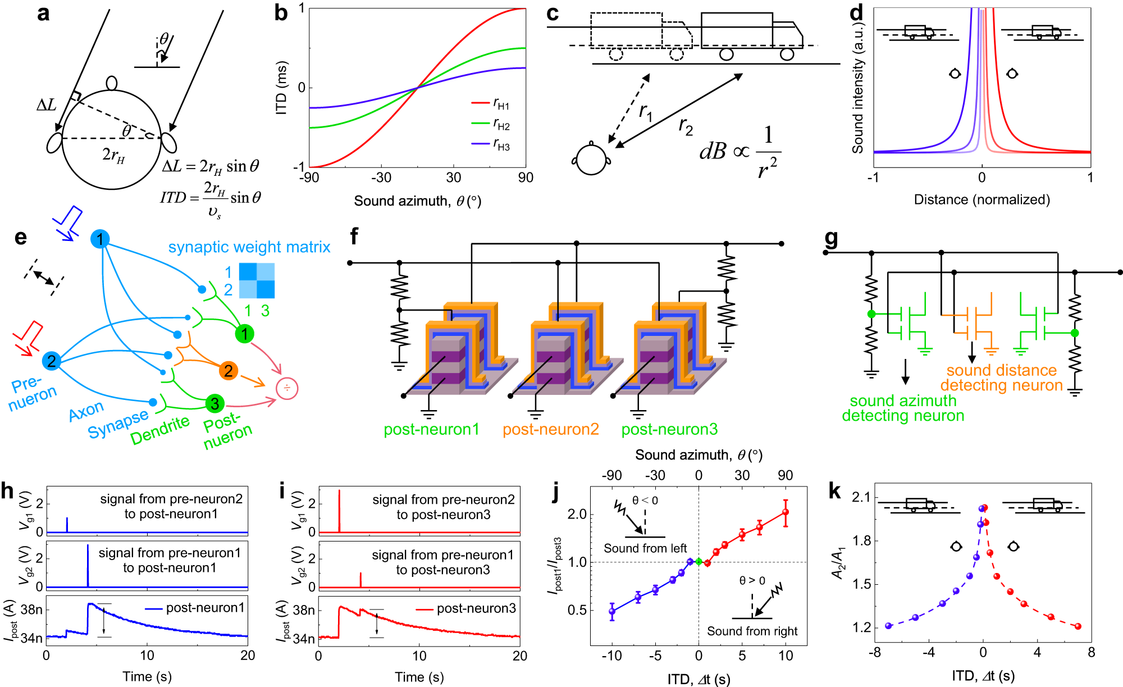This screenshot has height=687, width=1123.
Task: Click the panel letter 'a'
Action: [43, 13]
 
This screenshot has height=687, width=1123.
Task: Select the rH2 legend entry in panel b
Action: [501, 125]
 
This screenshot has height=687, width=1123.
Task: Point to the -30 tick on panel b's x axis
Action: [381, 178]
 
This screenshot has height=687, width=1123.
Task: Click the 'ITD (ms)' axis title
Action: [281, 88]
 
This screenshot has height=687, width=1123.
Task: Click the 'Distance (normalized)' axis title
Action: [982, 199]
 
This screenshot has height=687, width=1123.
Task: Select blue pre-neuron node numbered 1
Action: [100, 239]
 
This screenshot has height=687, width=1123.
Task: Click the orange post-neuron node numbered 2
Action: [228, 371]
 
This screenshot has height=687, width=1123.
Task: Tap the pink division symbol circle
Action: [287, 388]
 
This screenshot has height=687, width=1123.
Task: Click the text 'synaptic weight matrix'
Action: [249, 247]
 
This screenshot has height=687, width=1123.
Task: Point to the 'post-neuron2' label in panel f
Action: [550, 429]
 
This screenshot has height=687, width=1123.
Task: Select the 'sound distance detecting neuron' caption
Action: [1001, 377]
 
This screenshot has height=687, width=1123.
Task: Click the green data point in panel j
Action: [699, 561]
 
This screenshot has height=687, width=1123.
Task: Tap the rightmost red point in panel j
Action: [786, 512]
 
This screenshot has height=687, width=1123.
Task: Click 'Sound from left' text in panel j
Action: [645, 548]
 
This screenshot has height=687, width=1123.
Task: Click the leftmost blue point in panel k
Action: [888, 626]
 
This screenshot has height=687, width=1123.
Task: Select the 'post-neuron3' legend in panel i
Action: [476, 608]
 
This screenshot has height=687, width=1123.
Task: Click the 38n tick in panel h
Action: [32, 609]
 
